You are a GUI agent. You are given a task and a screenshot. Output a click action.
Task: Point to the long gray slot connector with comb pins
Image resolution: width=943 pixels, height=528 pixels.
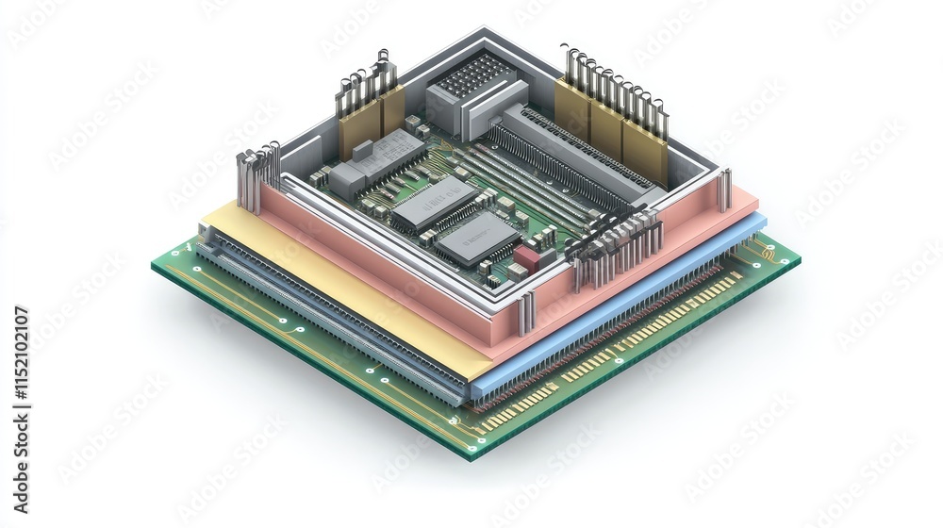575,156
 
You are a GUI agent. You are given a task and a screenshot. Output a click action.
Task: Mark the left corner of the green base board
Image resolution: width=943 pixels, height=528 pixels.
157,264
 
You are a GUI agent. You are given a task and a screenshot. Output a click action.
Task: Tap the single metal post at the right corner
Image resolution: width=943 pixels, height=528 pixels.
724,189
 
